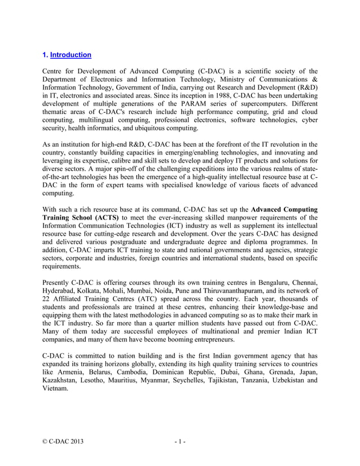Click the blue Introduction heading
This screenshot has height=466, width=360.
[71, 55]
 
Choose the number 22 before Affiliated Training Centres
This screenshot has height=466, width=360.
[47, 298]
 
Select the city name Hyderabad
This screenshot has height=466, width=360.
[61, 291]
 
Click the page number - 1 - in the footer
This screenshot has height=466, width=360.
[180, 442]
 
